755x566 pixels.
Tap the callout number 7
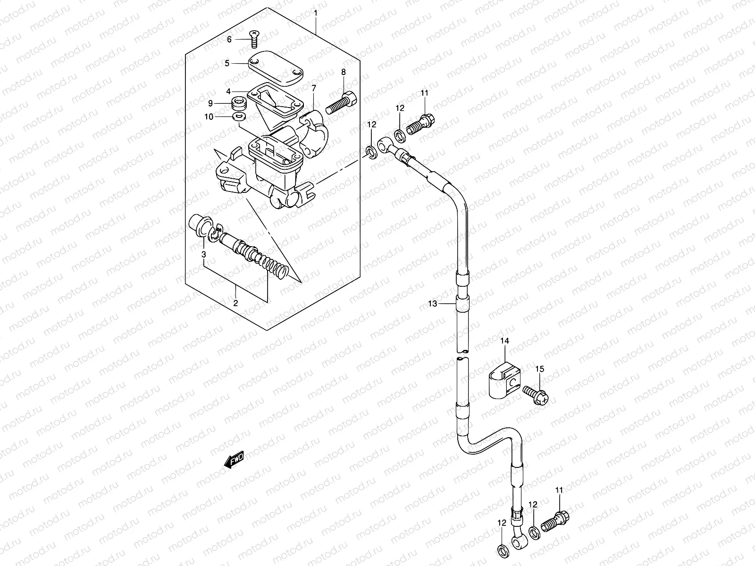tap(326, 88)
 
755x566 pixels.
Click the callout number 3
tap(204, 255)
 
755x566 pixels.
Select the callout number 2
tap(235, 303)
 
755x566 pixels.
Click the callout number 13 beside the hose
tap(433, 304)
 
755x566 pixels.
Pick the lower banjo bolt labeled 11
tap(556, 521)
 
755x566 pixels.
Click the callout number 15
tap(539, 369)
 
